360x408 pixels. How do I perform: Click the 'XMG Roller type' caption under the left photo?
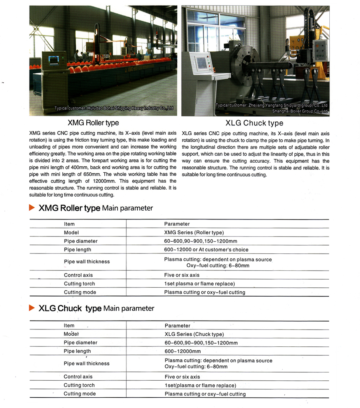pos(93,122)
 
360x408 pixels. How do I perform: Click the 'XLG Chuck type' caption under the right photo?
pos(254,123)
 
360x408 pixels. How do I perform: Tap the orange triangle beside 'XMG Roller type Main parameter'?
pos(32,208)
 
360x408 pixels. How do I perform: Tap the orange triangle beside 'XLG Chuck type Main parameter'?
pos(32,308)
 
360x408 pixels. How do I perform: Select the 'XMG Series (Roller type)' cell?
pos(194,232)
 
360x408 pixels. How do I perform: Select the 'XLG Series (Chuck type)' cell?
pos(194,334)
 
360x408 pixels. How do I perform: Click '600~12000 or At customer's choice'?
pos(206,250)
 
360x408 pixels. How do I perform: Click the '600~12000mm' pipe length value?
pos(183,351)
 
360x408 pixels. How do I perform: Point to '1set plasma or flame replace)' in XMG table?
pos(199,284)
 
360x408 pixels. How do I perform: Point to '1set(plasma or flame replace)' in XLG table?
pos(200,385)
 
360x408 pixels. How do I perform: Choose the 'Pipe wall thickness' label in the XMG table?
pos(87,262)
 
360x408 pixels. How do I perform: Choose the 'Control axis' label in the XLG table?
pos(78,377)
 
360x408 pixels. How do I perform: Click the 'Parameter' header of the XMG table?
pos(177,224)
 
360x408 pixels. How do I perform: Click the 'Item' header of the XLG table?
pos(69,326)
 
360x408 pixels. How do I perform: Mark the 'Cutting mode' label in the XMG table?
pos(80,292)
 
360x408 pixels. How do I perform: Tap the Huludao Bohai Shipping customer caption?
pos(114,108)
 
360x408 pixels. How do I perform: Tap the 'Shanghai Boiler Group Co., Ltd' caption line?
pos(300,111)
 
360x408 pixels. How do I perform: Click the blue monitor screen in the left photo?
pos(54,60)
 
